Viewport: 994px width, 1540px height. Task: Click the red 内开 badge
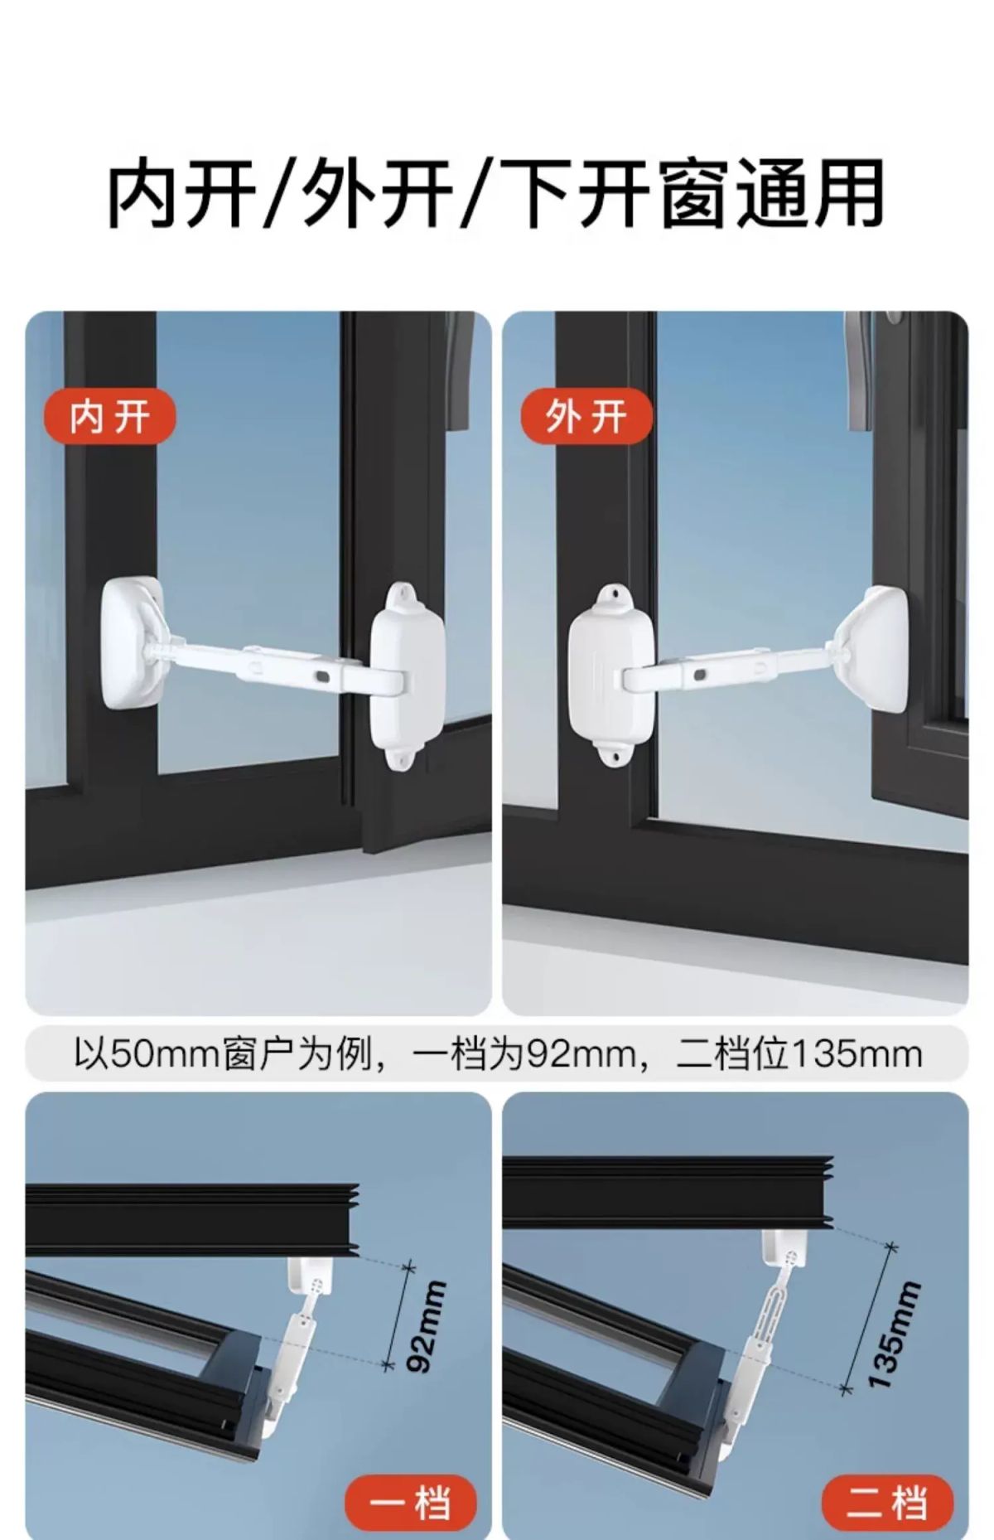pos(109,416)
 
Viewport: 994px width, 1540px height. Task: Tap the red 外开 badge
pos(586,416)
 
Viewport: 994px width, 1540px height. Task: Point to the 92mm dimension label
pos(430,1327)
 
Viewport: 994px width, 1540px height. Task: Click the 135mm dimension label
pos(894,1333)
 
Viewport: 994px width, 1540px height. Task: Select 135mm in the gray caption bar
pos(856,1054)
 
